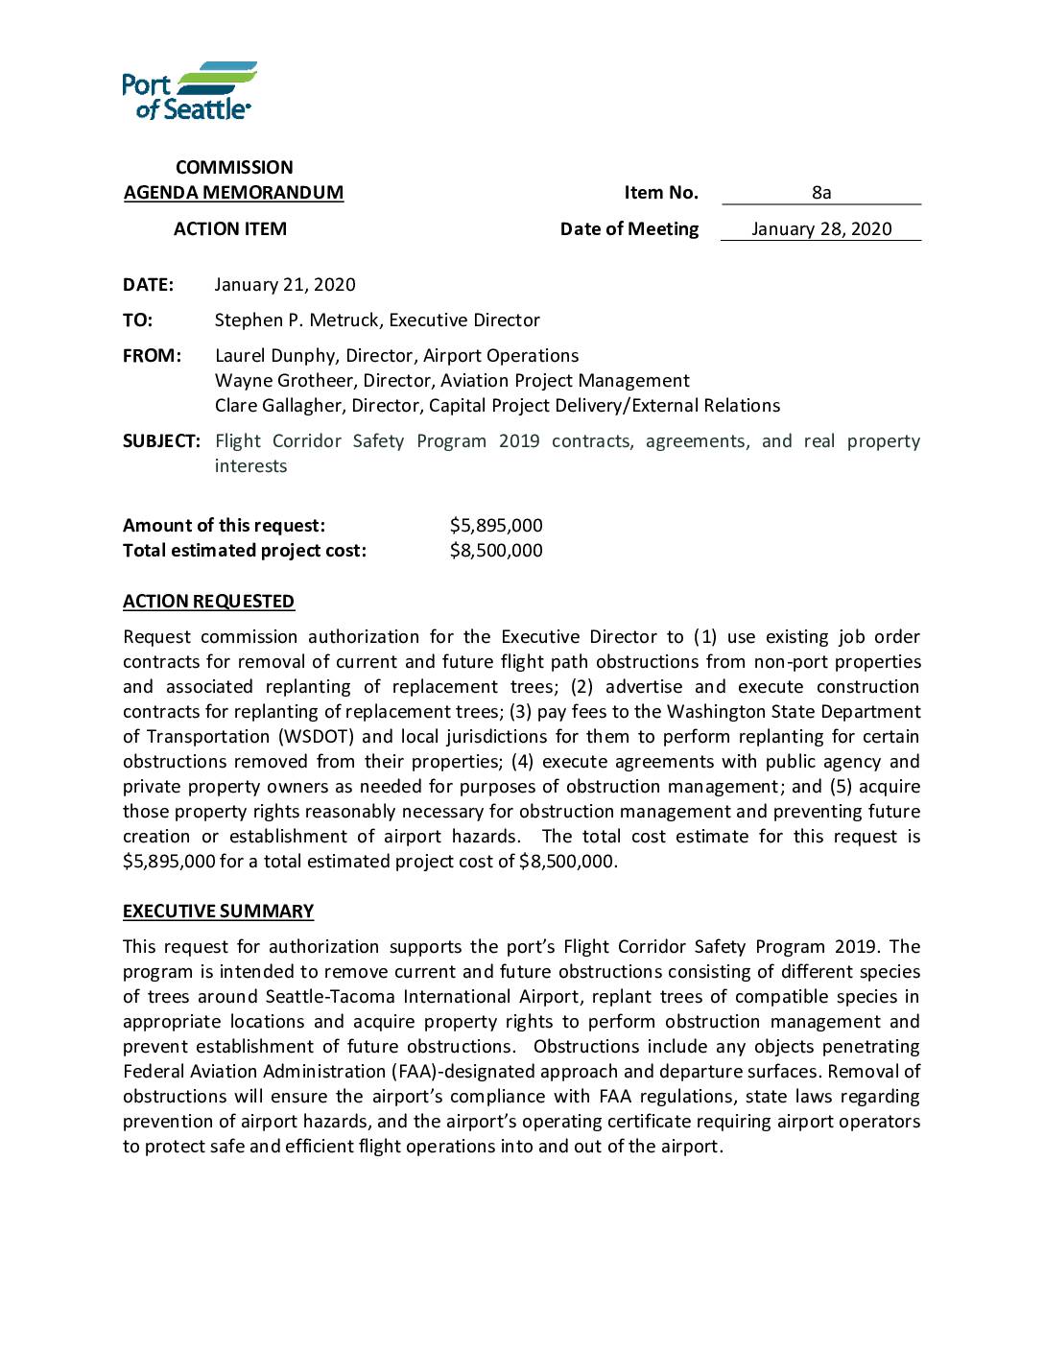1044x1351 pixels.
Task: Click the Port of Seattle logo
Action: pos(189,91)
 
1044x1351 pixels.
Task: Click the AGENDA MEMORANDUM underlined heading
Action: pos(233,192)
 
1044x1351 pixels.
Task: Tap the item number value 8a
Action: pos(821,192)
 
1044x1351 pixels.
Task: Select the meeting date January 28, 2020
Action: pos(821,228)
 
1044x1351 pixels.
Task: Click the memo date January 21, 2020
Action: pos(285,284)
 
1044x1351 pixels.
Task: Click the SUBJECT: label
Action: pos(161,440)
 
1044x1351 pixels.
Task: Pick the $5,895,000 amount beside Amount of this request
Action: pos(496,525)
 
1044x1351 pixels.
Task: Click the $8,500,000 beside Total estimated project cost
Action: pos(496,550)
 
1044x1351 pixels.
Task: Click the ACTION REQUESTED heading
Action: pos(208,601)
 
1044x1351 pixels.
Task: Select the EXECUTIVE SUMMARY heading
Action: pos(218,911)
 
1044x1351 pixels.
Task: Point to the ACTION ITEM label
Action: pos(230,228)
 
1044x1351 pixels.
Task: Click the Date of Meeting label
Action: pos(629,228)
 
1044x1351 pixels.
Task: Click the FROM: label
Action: pos(152,355)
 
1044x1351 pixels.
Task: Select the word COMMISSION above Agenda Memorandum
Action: pos(234,167)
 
